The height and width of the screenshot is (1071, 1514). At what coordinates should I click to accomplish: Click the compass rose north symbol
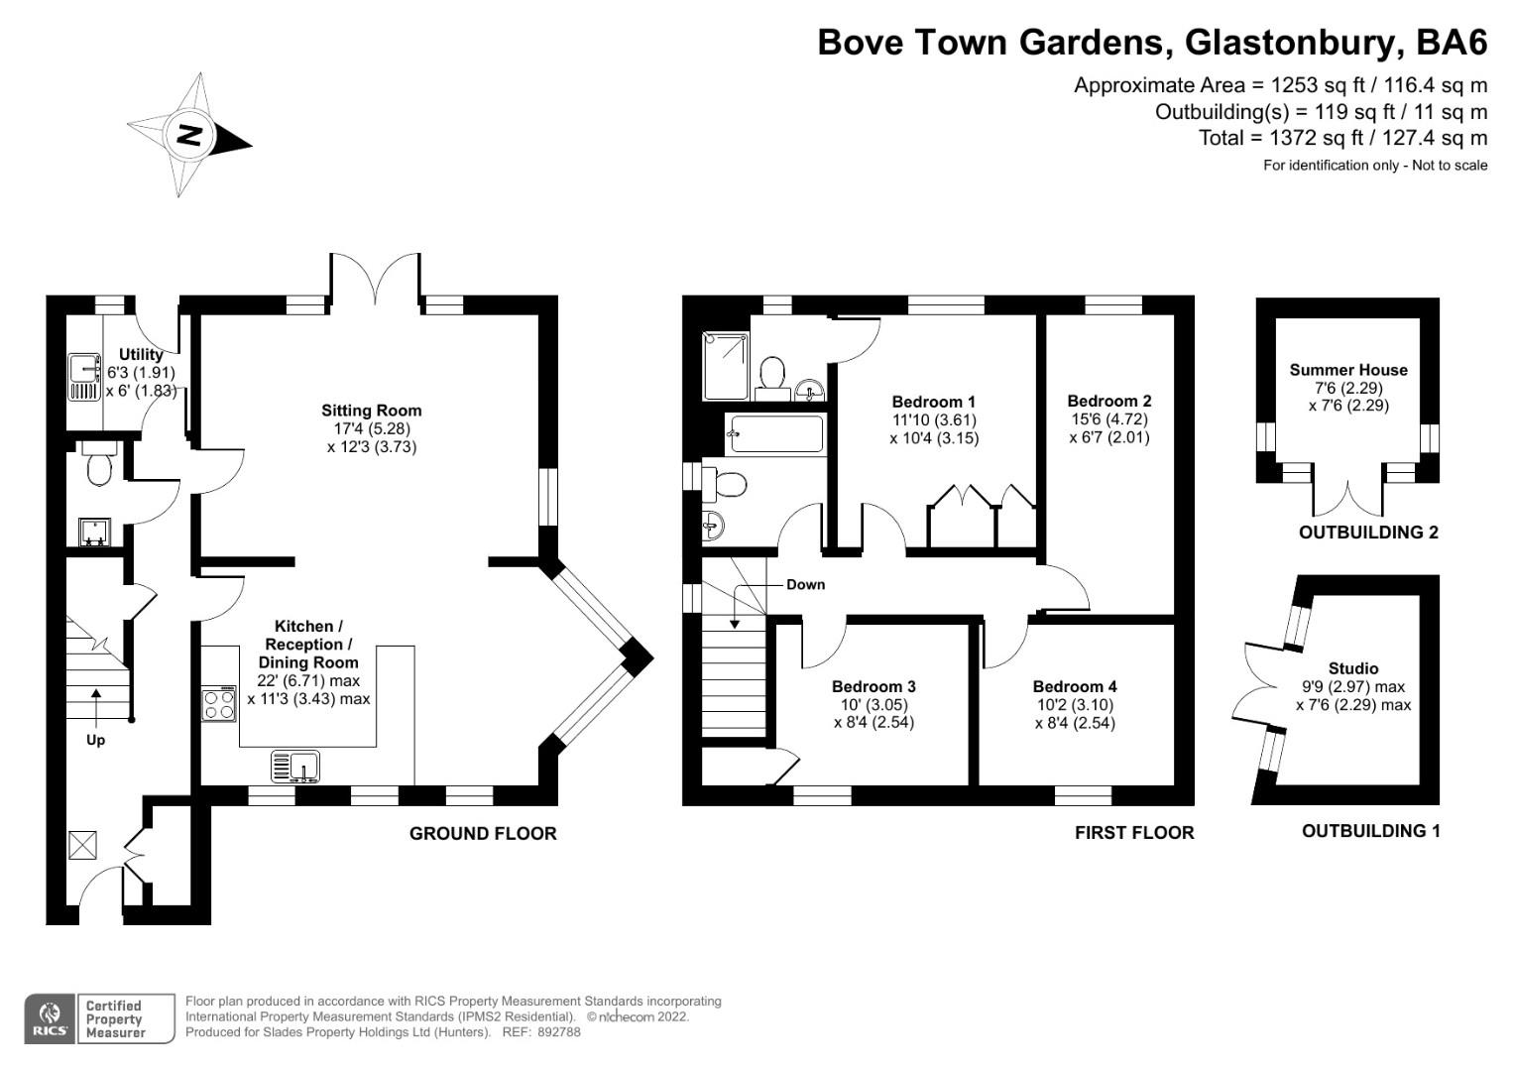[188, 135]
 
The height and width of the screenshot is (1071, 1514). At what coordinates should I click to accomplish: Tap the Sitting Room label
[371, 411]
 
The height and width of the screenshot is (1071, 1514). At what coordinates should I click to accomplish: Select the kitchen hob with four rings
[219, 703]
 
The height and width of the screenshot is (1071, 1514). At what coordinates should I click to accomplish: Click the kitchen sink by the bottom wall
[295, 767]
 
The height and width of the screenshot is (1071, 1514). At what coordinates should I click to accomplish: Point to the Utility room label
[141, 354]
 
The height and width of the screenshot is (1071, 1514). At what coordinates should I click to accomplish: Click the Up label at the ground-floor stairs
[95, 740]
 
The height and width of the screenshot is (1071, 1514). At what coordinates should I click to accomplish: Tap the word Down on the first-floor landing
[805, 584]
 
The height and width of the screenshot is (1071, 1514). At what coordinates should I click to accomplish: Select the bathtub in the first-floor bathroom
[776, 434]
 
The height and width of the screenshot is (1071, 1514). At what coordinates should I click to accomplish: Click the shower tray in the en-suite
[726, 366]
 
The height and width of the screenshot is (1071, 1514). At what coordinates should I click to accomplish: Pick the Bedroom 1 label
[933, 402]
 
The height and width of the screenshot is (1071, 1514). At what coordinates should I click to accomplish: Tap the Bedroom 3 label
[873, 686]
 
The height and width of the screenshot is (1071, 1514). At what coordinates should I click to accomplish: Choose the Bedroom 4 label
[1074, 686]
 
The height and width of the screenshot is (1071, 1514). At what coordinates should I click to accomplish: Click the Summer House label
[1347, 370]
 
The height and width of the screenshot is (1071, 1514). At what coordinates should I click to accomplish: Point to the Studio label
[1352, 668]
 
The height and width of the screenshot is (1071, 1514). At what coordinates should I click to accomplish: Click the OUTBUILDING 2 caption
[1367, 533]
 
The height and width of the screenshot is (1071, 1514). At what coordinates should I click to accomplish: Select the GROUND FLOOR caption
[483, 834]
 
